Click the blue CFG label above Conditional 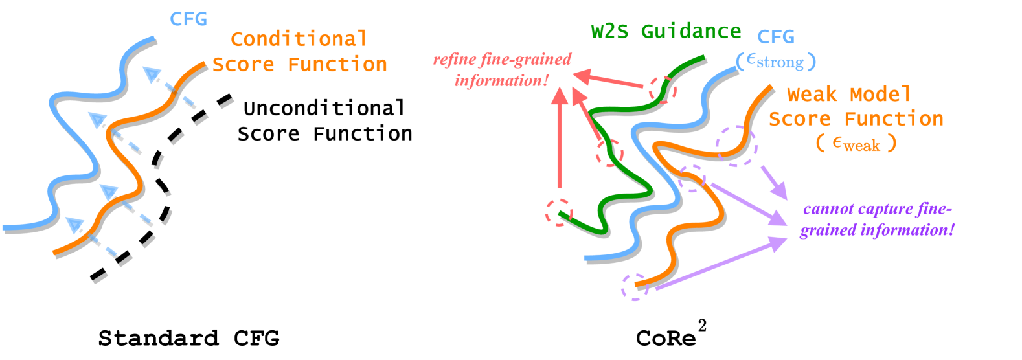(188, 19)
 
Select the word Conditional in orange (299, 39)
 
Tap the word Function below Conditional (337, 64)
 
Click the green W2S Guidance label (666, 31)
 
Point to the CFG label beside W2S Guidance (775, 37)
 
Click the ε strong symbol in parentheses (775, 62)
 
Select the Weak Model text (848, 95)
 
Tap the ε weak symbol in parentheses (856, 144)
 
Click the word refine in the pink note (453, 60)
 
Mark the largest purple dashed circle (736, 146)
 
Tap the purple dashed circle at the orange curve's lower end (634, 287)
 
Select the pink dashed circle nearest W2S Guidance (662, 89)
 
